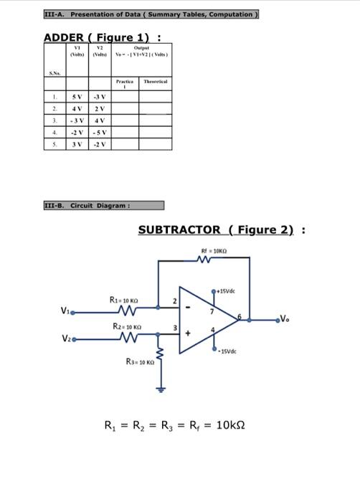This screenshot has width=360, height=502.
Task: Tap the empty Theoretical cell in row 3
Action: pyautogui.click(x=155, y=120)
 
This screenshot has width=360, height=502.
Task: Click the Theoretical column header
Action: pyautogui.click(x=155, y=82)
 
